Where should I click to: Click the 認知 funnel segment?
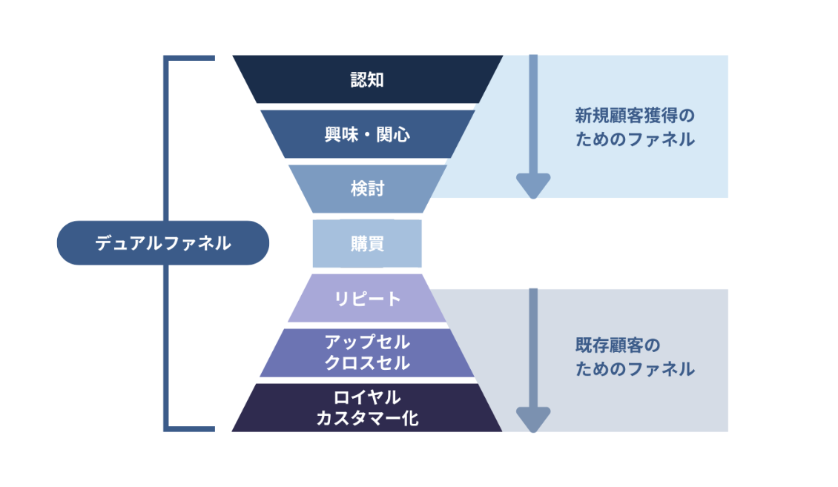(367, 79)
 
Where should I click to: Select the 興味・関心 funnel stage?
(367, 134)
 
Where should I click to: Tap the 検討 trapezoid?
(367, 188)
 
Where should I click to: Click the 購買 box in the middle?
(367, 243)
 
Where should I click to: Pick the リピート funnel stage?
(367, 298)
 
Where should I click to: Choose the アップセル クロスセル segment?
(367, 353)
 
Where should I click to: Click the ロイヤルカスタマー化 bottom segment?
(367, 408)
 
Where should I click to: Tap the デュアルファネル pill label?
(162, 243)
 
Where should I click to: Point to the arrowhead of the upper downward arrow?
(532, 186)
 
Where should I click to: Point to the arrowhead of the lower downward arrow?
(532, 420)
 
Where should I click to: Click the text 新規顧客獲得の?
(635, 116)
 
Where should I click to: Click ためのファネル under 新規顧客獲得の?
(635, 139)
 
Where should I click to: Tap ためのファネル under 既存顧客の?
(635, 368)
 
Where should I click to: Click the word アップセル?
(367, 342)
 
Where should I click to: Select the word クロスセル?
(367, 363)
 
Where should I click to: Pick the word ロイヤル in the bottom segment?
(367, 397)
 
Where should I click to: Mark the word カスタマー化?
(367, 418)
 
